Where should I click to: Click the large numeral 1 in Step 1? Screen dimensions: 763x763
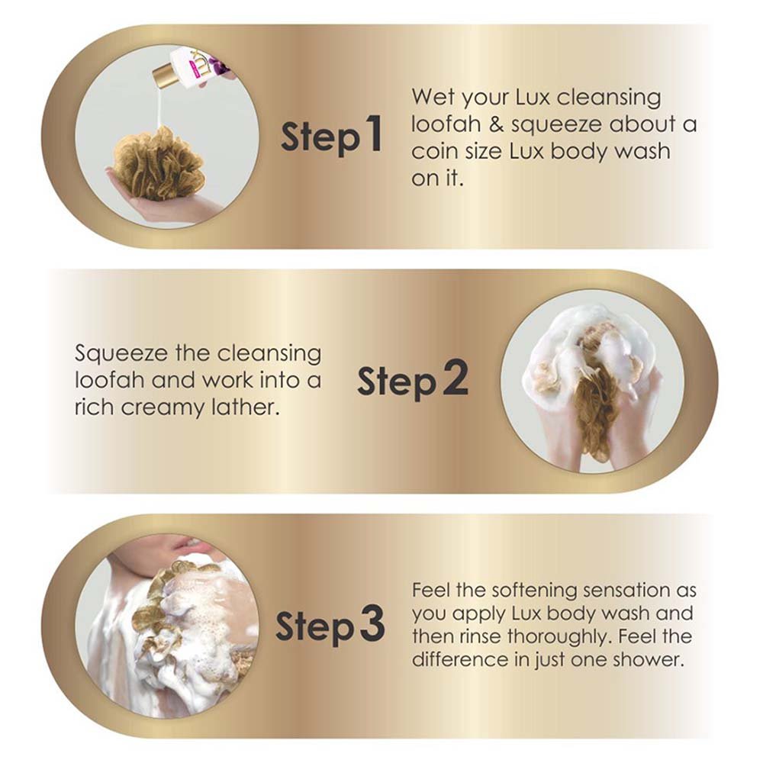pyautogui.click(x=373, y=133)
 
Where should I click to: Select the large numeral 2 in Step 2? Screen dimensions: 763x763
pyautogui.click(x=455, y=378)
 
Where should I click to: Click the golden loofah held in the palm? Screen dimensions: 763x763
pyautogui.click(x=157, y=164)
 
